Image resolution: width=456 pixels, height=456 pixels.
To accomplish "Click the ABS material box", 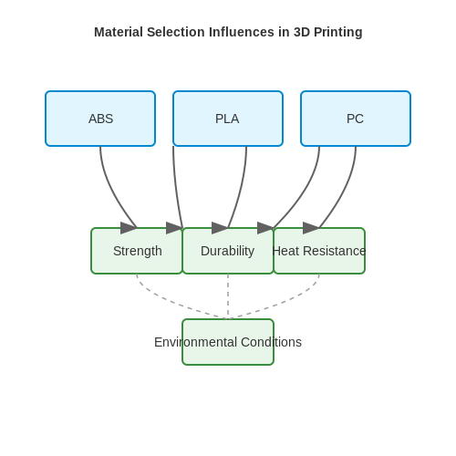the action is [100, 119].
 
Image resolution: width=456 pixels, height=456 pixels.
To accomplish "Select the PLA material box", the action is [228, 119].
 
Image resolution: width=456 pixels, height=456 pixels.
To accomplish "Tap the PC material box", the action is [356, 119].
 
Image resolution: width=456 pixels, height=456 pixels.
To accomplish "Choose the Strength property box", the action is [137, 251].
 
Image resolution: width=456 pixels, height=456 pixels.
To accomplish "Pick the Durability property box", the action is [228, 251].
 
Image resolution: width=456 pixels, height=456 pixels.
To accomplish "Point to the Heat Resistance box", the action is [319, 251].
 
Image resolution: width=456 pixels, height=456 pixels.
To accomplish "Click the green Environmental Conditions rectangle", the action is [228, 342].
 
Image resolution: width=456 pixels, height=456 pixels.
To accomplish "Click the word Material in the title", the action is [119, 32].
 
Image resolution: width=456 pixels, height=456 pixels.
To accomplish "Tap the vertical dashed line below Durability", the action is [228, 296].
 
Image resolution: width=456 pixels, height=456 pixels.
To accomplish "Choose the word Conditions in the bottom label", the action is [271, 342].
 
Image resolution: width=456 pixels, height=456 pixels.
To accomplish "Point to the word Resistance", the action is [335, 251].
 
